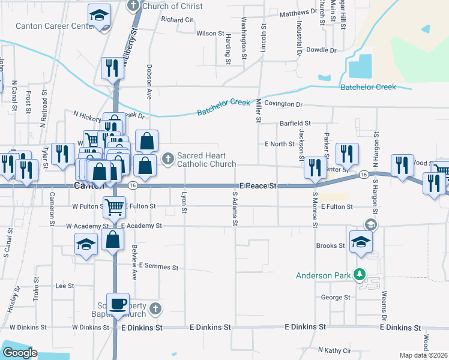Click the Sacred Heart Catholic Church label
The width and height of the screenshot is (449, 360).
click(206, 160)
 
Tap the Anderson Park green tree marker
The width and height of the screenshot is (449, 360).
click(360, 274)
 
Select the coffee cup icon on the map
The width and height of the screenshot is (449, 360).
click(117, 303)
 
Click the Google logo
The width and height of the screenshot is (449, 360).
click(19, 353)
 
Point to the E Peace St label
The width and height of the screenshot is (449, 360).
click(258, 187)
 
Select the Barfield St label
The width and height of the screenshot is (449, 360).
click(295, 123)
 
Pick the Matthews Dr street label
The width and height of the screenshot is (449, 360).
click(298, 11)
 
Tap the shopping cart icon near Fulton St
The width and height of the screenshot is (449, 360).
click(114, 208)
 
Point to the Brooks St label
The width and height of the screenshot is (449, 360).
click(331, 246)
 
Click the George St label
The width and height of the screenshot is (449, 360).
click(335, 298)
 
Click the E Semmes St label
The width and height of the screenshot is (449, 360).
click(158, 266)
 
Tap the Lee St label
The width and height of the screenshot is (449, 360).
click(64, 286)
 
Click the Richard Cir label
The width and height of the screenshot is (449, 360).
click(177, 20)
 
